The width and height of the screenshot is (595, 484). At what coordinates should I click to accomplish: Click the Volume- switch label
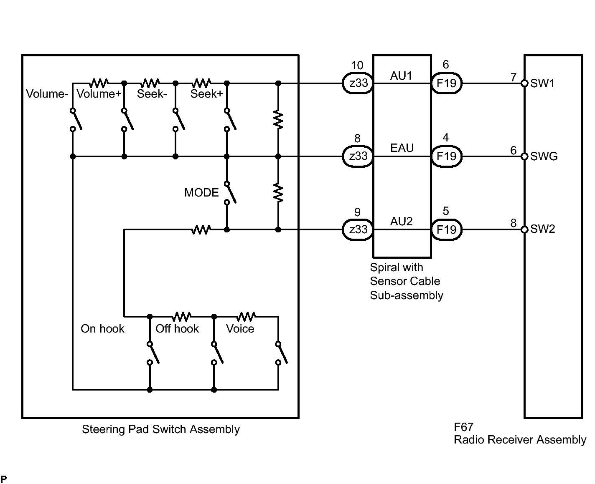coord(47,94)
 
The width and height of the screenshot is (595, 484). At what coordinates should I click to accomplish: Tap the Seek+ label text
coord(206,94)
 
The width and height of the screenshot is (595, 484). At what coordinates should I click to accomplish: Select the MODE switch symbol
coord(230,192)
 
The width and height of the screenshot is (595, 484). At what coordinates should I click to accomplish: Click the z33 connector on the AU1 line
coord(358,83)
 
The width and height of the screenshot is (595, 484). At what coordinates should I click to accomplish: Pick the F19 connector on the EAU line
coord(446,156)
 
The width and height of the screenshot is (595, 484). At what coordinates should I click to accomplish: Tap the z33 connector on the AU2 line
coord(358,229)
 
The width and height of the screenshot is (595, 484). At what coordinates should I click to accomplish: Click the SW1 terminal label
coord(542,83)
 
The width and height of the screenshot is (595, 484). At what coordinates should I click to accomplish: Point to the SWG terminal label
coord(544,156)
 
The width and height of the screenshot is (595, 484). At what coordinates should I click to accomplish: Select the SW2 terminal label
coord(542,229)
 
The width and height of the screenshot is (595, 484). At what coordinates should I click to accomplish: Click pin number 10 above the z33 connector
coord(357,66)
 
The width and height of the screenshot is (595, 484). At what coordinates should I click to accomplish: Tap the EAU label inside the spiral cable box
coord(402,148)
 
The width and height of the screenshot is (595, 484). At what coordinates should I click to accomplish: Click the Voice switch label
coord(240,329)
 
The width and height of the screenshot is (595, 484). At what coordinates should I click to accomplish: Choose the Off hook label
coord(177,329)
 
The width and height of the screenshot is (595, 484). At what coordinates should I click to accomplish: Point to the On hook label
coord(102,329)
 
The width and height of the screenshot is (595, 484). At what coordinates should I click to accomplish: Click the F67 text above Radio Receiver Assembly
coord(463,427)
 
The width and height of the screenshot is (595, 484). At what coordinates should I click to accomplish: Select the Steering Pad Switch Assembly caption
coord(160,429)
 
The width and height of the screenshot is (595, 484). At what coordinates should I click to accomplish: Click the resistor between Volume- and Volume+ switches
coord(99,83)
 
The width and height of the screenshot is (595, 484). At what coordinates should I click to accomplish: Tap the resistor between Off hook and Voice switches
coord(246,316)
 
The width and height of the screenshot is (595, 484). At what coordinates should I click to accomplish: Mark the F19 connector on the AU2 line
coord(446,229)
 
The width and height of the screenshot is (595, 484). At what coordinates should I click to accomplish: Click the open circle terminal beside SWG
coord(525,156)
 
